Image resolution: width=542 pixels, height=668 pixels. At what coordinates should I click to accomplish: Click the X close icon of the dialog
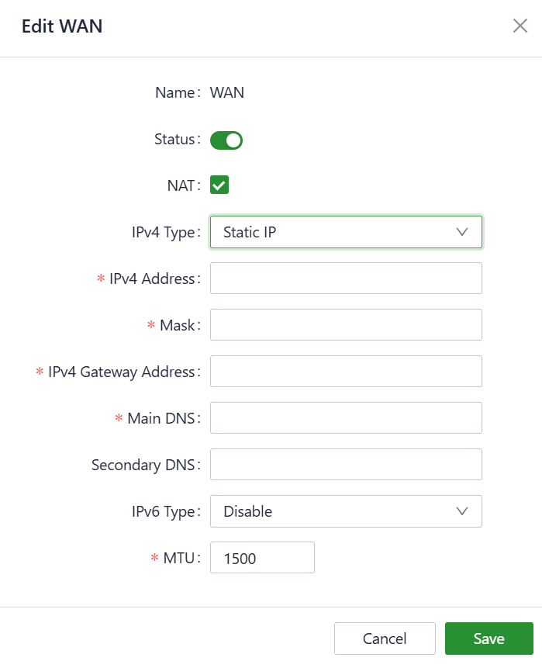point(520,26)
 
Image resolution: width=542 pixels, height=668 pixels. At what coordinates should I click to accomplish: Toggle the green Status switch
point(226,140)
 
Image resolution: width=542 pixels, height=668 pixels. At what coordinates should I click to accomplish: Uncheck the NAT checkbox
point(219,185)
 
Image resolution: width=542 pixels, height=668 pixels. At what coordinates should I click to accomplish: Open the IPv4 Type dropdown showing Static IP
point(346,232)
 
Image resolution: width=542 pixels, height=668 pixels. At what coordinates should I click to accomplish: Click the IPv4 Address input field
point(346,279)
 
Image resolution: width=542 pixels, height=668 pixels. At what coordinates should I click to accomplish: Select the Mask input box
point(346,325)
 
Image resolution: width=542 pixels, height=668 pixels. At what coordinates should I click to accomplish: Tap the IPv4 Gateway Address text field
point(346,372)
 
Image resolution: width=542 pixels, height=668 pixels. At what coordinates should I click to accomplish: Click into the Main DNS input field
point(346,418)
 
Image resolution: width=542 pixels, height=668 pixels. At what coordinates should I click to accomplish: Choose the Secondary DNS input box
point(346,465)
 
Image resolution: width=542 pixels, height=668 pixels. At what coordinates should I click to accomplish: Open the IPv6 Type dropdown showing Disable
point(346,511)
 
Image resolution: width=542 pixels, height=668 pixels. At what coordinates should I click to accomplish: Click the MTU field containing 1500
point(262,558)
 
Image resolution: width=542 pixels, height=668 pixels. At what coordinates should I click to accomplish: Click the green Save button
point(488,639)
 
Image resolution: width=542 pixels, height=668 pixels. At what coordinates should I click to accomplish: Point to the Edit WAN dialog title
point(62,26)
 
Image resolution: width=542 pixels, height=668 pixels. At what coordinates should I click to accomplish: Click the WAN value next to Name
point(227,93)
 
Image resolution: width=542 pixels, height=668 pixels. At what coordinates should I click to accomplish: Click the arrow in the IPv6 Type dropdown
point(463,511)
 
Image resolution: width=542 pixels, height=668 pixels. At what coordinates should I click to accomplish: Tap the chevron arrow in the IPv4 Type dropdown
point(463,232)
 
